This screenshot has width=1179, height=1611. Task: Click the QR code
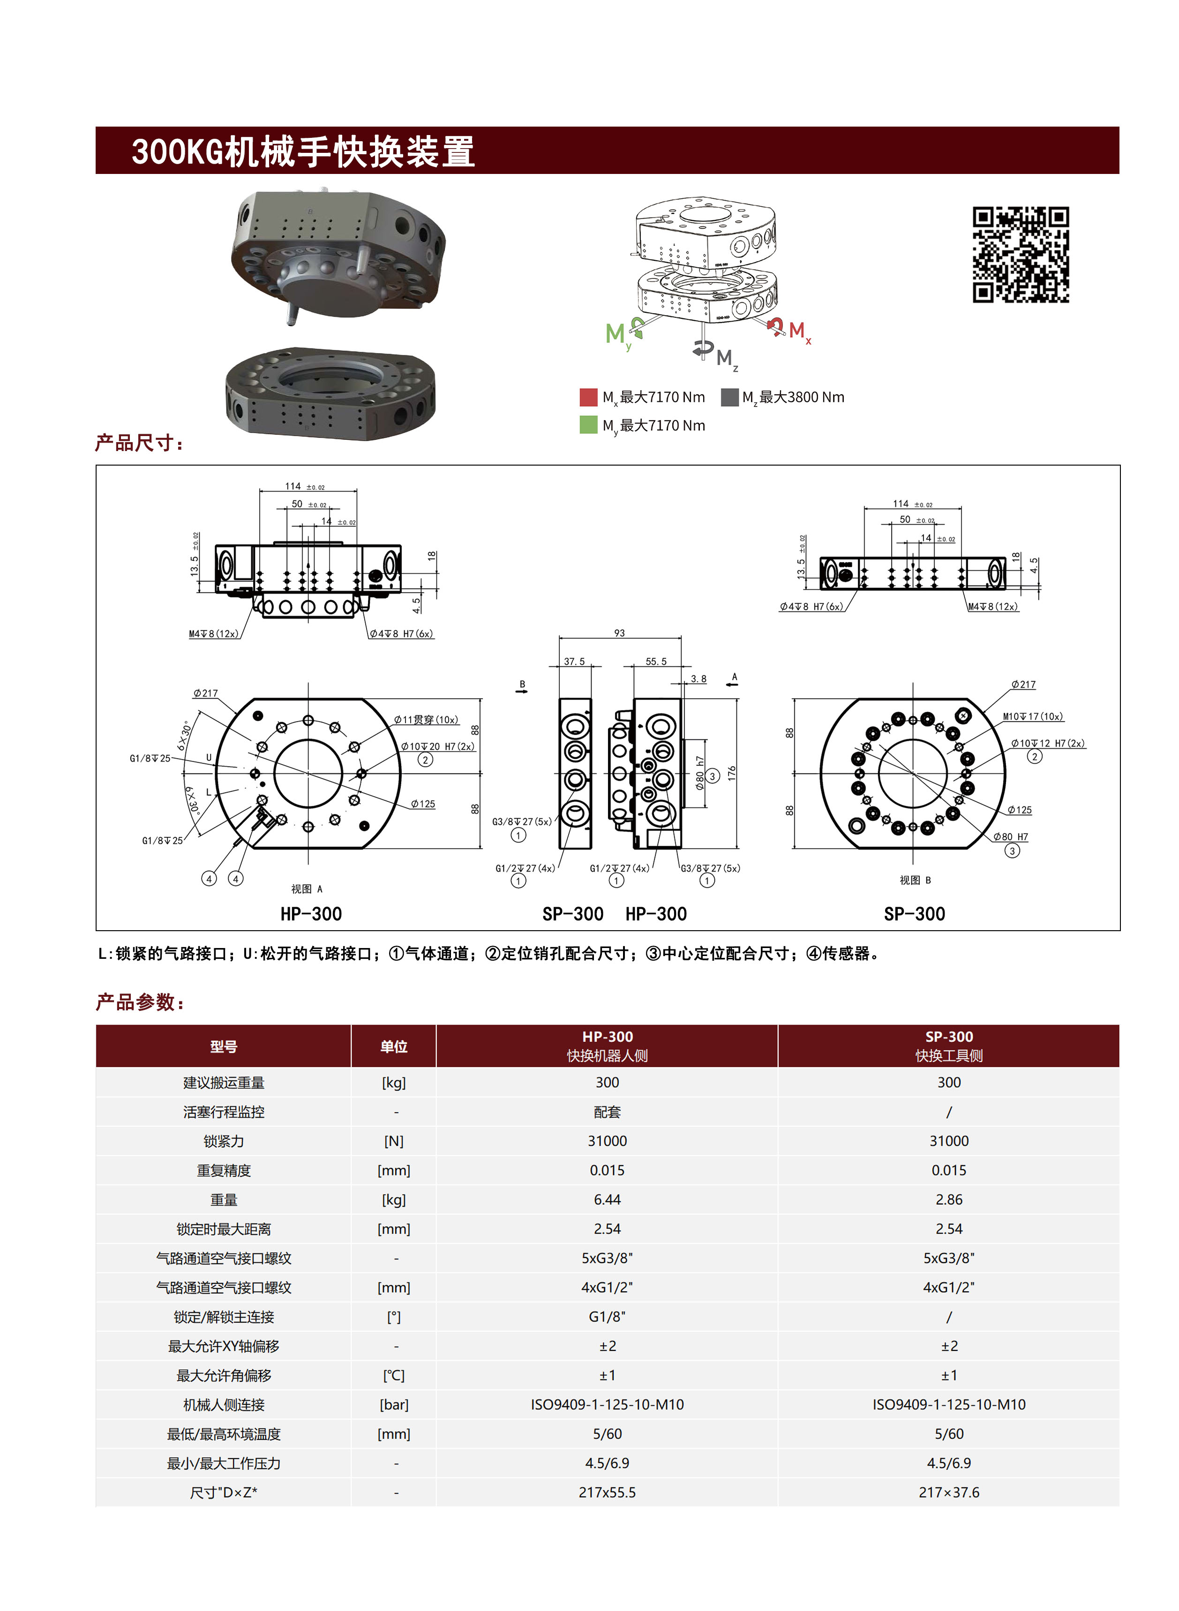pos(1021,255)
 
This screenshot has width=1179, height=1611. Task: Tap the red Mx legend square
pos(588,397)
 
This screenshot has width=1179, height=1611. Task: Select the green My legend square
pos(588,425)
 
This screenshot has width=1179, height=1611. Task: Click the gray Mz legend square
pos(729,397)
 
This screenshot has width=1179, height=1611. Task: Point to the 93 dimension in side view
pos(619,632)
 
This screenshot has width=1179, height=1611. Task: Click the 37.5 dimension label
pos(574,661)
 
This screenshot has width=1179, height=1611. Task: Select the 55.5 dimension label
pos(655,661)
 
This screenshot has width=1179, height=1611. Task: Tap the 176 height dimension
pos(731,773)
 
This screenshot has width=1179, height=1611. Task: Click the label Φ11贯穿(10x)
pos(426,720)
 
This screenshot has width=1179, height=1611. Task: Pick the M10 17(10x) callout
pos(1032,716)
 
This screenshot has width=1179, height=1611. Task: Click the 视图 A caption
pos(306,888)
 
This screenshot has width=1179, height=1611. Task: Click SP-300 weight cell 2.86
pos(948,1199)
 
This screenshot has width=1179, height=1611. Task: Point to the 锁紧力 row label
pos(224,1141)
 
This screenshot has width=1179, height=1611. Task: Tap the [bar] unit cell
pos(393,1404)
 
